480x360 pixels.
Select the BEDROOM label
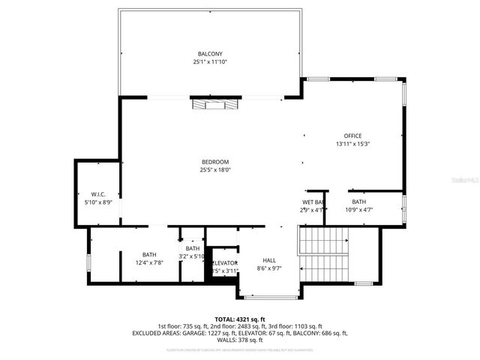[x=215, y=162]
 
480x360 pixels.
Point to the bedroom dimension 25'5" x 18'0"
[x=215, y=169]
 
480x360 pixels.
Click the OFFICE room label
[x=353, y=136]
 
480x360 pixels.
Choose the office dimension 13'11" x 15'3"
[x=353, y=143]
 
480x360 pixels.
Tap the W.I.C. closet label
[x=97, y=194]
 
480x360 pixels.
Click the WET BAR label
[x=313, y=202]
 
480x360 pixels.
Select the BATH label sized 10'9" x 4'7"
[x=358, y=202]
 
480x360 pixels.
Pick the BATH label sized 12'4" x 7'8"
[x=149, y=255]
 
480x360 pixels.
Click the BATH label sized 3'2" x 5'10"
[x=193, y=248]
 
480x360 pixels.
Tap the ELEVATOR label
[x=224, y=262]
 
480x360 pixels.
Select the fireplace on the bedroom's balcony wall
[x=214, y=104]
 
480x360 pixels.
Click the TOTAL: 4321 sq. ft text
[x=240, y=319]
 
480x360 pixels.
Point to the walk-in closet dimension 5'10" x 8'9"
[x=97, y=202]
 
